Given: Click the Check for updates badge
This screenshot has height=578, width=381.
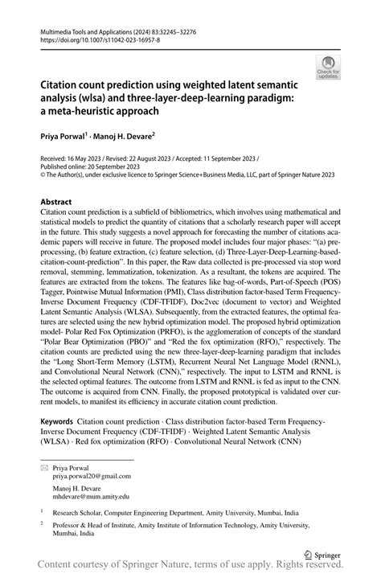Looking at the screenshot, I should point(328,67).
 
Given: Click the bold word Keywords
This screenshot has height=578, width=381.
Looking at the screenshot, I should point(56,421).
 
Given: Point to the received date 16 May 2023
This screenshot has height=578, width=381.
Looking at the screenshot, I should point(90,158).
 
